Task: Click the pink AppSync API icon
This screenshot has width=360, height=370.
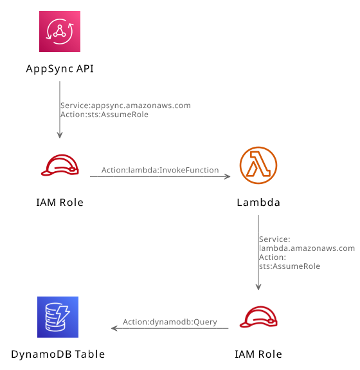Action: tap(60, 32)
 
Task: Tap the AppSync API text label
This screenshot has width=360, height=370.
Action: tap(60, 69)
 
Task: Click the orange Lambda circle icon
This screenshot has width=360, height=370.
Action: tap(258, 165)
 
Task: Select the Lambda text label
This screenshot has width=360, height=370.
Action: tap(258, 203)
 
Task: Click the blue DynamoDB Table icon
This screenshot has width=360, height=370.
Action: tap(58, 317)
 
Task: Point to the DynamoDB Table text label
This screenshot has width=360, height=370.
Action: tap(58, 354)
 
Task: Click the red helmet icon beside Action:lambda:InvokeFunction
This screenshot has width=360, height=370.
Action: tap(60, 165)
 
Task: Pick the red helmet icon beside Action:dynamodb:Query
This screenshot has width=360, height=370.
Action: tap(258, 317)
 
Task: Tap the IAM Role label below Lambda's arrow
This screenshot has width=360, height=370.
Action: tap(258, 354)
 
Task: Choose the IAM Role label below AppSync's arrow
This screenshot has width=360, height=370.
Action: tap(60, 203)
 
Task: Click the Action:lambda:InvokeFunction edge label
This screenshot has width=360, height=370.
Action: tap(160, 170)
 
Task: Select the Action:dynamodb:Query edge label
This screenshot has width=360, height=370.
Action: tap(170, 322)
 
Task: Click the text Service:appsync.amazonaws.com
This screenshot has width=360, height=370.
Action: tap(125, 106)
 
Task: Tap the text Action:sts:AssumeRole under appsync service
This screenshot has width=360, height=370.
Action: tap(104, 115)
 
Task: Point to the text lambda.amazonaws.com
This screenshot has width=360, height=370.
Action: tap(307, 248)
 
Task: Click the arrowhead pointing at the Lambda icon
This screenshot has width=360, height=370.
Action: tap(228, 176)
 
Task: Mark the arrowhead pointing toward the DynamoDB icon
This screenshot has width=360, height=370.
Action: tap(114, 328)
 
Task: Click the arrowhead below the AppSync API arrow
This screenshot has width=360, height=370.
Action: tap(60, 135)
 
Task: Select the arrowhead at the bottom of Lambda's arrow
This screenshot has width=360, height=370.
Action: tap(258, 287)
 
